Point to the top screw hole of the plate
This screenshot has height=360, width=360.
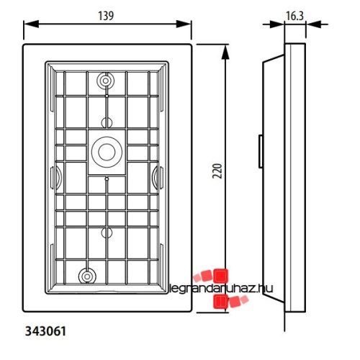(x=107, y=81)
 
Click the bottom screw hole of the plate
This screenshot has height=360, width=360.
(x=87, y=275)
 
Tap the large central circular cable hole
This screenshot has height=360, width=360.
(x=107, y=151)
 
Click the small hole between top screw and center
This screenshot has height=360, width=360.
(x=107, y=121)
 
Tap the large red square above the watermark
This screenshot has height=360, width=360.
(x=220, y=274)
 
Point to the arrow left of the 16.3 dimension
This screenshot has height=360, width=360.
(x=279, y=24)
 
